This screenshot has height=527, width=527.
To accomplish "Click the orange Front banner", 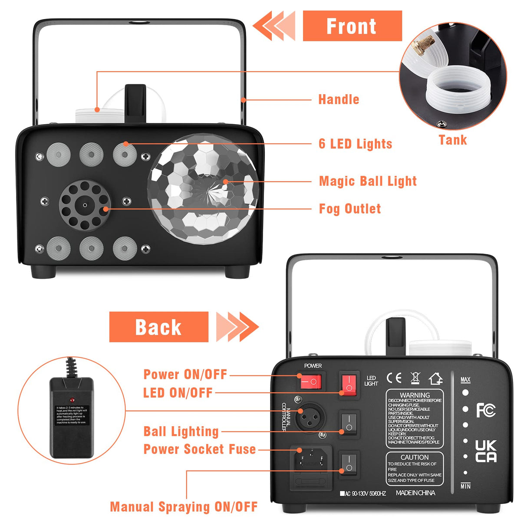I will point(352,26).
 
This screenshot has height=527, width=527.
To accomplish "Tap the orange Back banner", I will point(158,327).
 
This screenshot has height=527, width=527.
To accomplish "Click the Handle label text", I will point(339,99).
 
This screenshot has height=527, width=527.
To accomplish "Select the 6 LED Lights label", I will point(355,144).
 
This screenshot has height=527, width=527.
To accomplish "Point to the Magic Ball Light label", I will point(368,181).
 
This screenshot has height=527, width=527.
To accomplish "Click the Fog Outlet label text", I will point(350,209).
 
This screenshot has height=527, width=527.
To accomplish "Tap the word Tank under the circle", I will point(452,140).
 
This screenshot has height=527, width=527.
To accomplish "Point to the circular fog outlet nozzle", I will point(85,205).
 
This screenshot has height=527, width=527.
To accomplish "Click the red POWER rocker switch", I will point(310,382).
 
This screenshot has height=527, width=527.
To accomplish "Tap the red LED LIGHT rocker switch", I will point(349,384).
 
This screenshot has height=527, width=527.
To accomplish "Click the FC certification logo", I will point(485,410).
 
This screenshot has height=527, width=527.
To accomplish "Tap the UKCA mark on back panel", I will point(485,451).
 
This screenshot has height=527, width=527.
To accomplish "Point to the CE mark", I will point(394,378).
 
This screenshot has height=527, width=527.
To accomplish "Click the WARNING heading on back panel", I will point(415,395).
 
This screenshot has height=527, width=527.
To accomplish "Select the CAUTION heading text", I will point(415,457).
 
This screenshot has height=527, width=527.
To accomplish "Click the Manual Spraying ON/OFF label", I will point(184,507).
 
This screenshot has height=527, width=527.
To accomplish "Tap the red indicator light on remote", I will point(72,399).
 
